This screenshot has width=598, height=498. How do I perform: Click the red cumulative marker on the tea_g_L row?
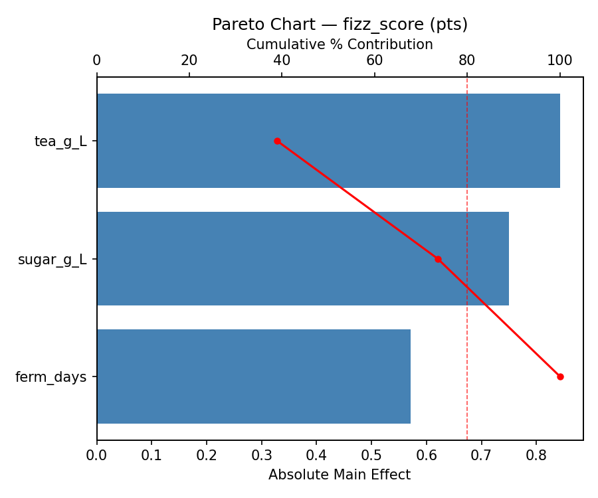[277, 141]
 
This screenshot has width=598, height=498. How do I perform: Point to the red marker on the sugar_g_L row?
[438, 259]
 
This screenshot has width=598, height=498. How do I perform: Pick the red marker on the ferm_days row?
[560, 376]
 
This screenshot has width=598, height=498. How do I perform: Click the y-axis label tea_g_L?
[60, 141]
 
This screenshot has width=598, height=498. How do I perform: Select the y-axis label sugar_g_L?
[52, 260]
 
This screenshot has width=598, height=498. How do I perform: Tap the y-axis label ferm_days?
[51, 377]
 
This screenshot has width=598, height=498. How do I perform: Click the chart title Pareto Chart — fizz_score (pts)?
[340, 25]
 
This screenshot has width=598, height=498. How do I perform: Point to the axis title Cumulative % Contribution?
[340, 44]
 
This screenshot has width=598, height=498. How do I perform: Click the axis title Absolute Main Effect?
[340, 475]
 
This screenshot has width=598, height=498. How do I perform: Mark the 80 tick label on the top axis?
[467, 60]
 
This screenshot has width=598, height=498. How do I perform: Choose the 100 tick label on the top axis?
[559, 60]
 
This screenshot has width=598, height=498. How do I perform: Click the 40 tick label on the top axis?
[282, 60]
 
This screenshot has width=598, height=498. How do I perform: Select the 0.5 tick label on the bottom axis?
[371, 456]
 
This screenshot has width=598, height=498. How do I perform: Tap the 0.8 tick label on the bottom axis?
[536, 456]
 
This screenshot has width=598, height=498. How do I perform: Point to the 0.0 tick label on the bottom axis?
[97, 456]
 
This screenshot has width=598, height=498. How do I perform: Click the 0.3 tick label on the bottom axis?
[261, 456]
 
